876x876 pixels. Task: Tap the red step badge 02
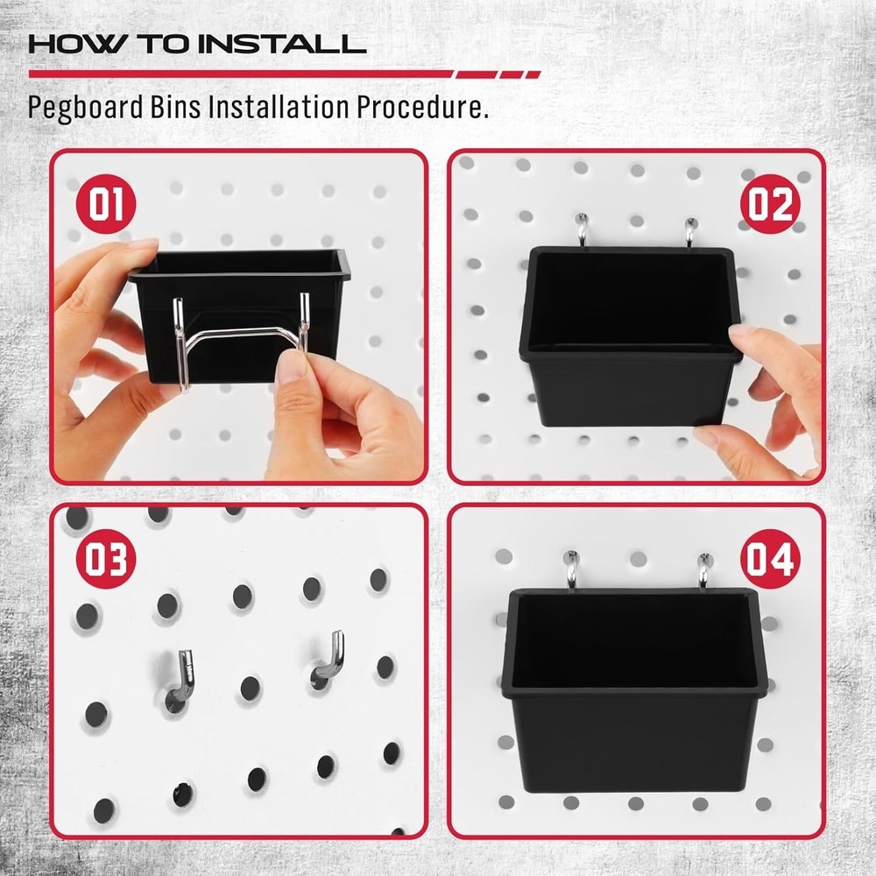click(x=771, y=204)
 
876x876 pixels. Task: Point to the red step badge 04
click(x=771, y=560)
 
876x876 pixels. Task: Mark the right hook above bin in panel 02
click(x=690, y=231)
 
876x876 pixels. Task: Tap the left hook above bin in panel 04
click(x=571, y=569)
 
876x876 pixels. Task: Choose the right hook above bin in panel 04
click(x=703, y=569)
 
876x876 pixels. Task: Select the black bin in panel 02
click(x=631, y=342)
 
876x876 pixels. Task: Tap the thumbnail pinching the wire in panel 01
click(x=289, y=368)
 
